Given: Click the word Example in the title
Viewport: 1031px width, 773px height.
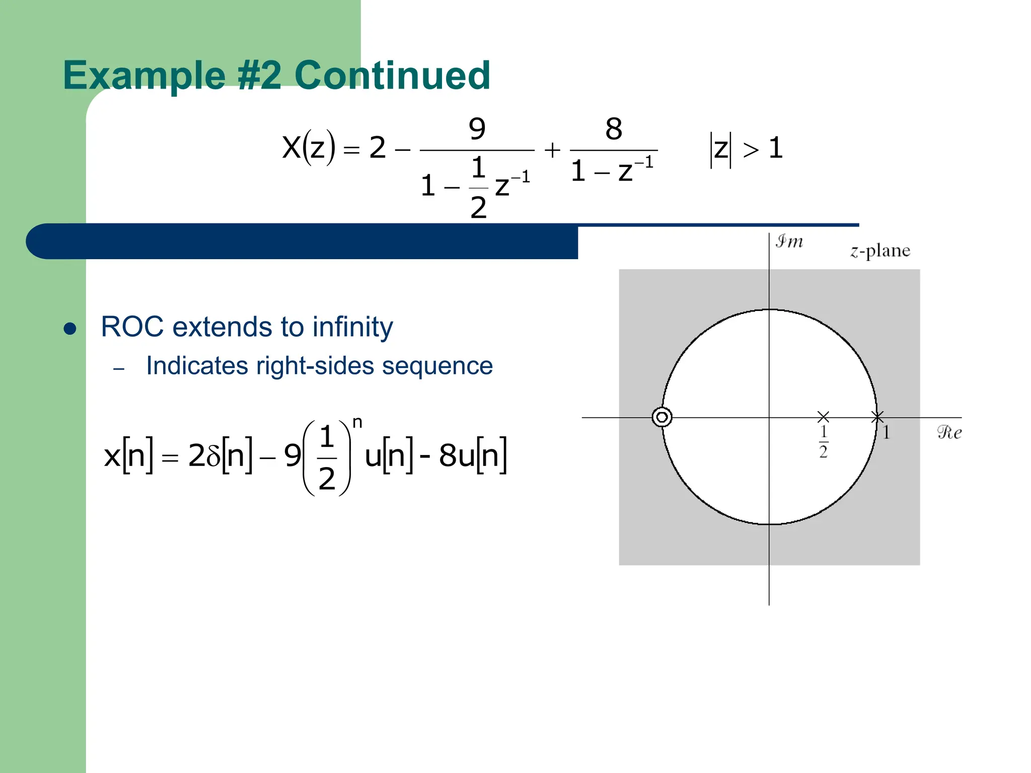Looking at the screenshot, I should pos(144,75).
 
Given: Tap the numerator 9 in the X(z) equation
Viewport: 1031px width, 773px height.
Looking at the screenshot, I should pos(477,129).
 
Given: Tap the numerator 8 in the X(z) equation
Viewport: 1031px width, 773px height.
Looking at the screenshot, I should pos(613,129).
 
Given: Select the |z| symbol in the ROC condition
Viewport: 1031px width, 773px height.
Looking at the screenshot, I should pos(720,149).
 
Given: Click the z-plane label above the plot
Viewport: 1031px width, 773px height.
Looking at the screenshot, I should pos(880,251).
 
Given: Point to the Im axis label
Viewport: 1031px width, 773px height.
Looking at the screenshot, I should pos(789,242).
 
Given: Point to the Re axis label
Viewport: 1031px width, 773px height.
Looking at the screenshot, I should pos(949,432).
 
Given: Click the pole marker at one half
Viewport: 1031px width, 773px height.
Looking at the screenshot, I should pos(823,417).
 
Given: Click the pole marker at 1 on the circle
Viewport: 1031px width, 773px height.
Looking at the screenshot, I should pos(877,417).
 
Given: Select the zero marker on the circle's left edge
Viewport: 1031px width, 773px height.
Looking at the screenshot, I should pos(661,417).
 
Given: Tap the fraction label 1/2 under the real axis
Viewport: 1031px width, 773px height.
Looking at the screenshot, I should pos(823,441).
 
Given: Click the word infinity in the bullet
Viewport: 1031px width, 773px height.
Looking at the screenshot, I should pos(352,327).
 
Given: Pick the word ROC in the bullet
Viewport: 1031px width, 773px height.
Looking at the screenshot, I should pos(132,327).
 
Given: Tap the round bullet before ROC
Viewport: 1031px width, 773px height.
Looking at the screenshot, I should pos(70,329).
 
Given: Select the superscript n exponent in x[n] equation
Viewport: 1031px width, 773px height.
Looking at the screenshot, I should pos(357,422).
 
